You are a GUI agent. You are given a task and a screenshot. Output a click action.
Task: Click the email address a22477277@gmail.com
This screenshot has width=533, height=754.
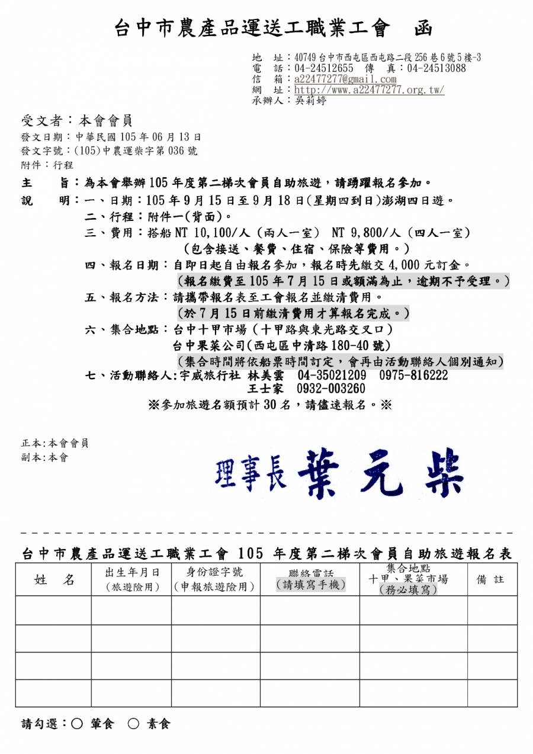pos(345,79)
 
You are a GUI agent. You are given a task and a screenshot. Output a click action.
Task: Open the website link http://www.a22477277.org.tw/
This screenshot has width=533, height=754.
pos(369,90)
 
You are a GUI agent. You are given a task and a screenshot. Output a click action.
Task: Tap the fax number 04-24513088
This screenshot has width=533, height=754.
pos(436,68)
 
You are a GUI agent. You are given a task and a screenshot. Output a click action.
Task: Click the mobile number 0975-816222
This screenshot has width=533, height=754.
pos(413,376)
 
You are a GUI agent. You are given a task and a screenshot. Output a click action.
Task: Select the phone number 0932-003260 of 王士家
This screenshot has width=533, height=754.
pos(331,389)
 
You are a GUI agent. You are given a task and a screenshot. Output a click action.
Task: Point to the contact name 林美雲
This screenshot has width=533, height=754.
pos(265,376)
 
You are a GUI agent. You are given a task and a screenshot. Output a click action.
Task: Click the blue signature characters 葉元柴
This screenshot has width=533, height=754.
pos(380,474)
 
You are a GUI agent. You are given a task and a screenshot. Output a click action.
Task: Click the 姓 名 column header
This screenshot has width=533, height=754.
pos(54,580)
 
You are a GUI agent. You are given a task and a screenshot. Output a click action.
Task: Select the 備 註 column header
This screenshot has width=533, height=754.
pos(491,580)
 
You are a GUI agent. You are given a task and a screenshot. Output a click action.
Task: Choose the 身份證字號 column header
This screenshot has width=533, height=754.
pos(215,572)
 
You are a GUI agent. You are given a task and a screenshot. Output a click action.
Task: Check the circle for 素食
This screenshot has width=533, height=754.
pos(133,724)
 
